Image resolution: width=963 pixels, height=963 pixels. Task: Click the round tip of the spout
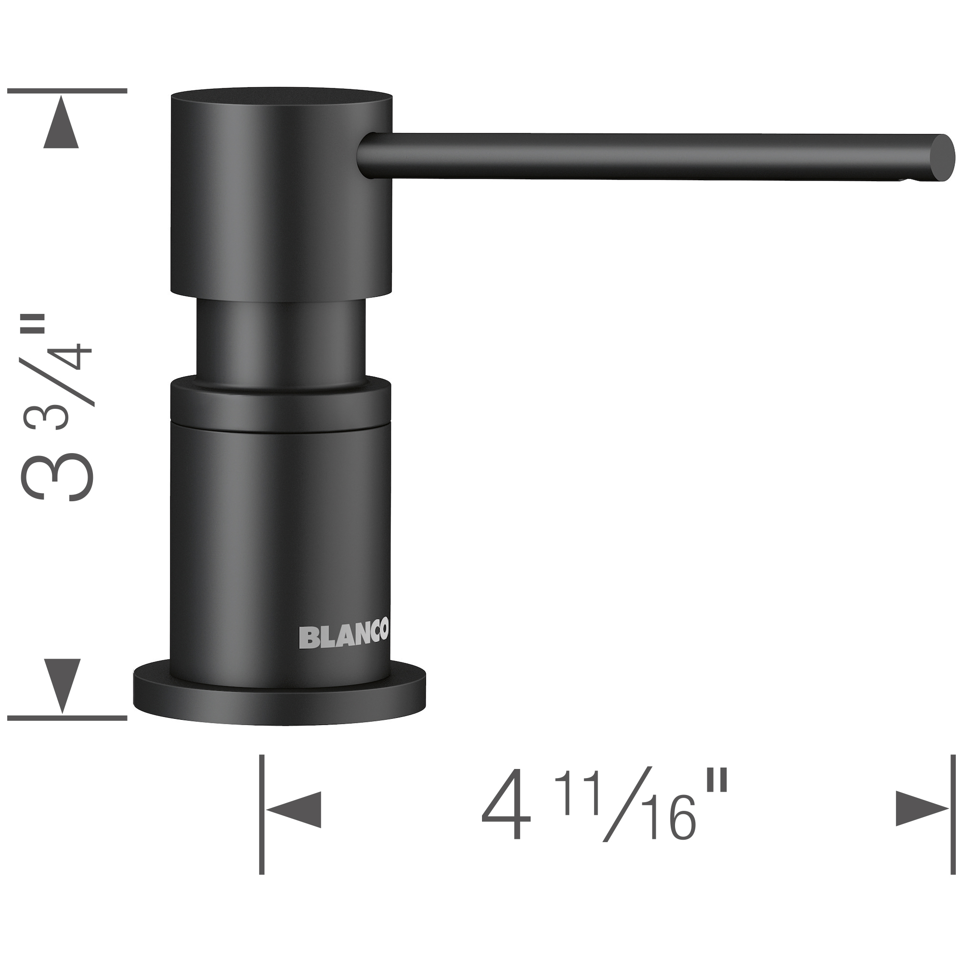pos(945,158)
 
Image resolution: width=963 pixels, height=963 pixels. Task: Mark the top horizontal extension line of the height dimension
pos(67,91)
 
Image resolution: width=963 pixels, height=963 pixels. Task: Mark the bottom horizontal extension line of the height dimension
pos(67,718)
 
